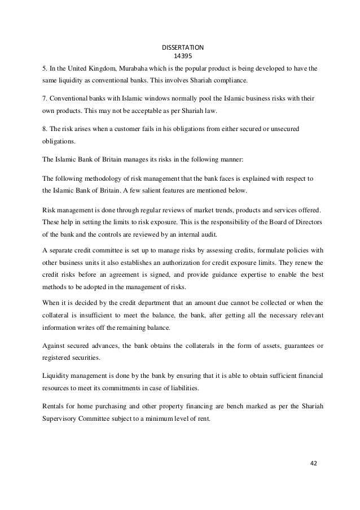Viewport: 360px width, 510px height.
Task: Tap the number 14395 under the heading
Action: click(179, 56)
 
